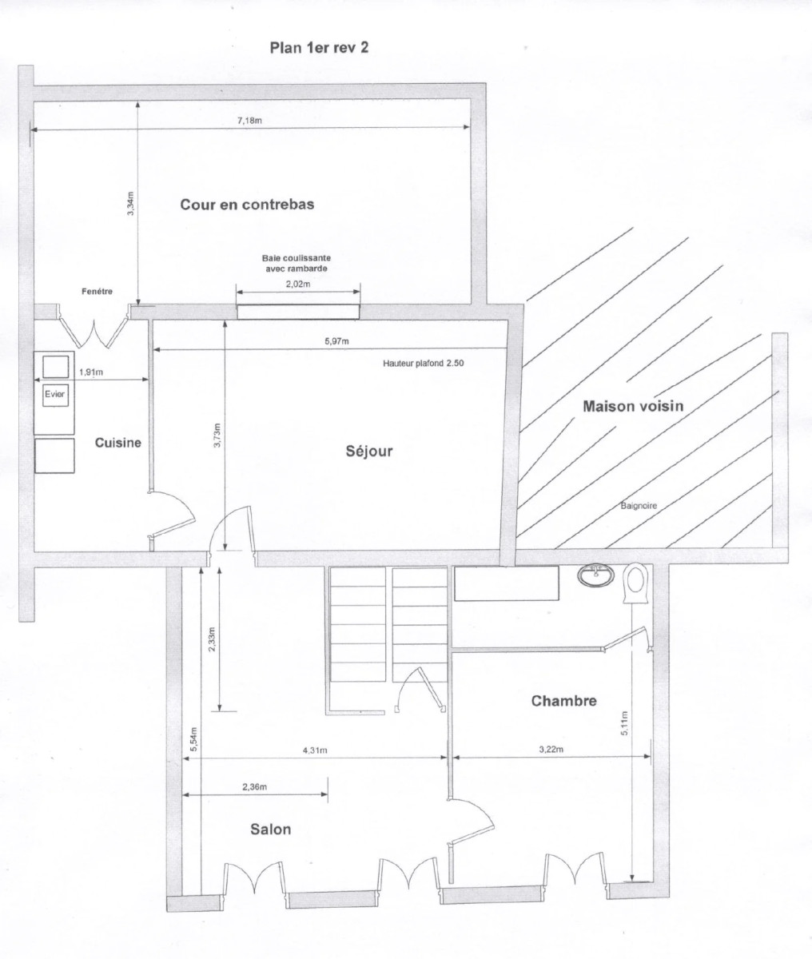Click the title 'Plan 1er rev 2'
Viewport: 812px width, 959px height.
coord(319,47)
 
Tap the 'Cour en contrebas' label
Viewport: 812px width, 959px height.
coord(247,205)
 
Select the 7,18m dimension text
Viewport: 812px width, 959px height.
coord(250,121)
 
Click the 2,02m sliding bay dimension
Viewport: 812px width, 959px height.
coord(297,284)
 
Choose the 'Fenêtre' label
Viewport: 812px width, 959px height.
coord(97,292)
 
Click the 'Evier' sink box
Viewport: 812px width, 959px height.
coord(54,393)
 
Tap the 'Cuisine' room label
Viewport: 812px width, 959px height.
coord(118,443)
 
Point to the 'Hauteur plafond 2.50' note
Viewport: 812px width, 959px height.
coord(424,363)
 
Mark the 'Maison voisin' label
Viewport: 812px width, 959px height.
coord(633,406)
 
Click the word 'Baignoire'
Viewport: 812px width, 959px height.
coord(639,506)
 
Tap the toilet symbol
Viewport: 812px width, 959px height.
coord(636,583)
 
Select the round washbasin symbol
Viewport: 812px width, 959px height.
coord(595,573)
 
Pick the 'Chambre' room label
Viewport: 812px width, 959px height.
coord(563,702)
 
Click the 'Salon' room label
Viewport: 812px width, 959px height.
coord(270,830)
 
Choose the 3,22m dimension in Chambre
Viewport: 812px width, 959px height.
coord(549,750)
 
